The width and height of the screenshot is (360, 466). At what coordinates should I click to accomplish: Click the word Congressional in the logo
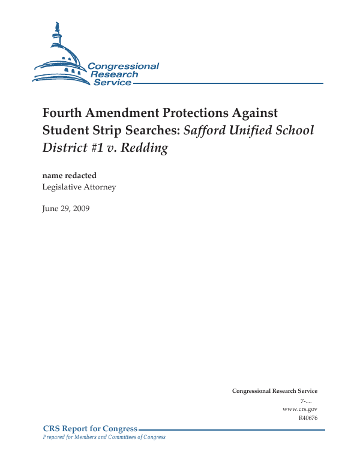123,66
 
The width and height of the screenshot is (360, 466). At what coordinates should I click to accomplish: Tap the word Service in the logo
112,82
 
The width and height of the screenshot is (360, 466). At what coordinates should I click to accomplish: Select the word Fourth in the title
61,113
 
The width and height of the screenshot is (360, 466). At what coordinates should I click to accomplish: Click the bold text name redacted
69,176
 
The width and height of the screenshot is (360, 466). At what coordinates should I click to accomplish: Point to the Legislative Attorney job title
79,187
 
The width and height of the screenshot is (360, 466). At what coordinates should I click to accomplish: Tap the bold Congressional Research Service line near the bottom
275,391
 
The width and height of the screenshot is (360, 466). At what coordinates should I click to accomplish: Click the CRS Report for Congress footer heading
91,428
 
